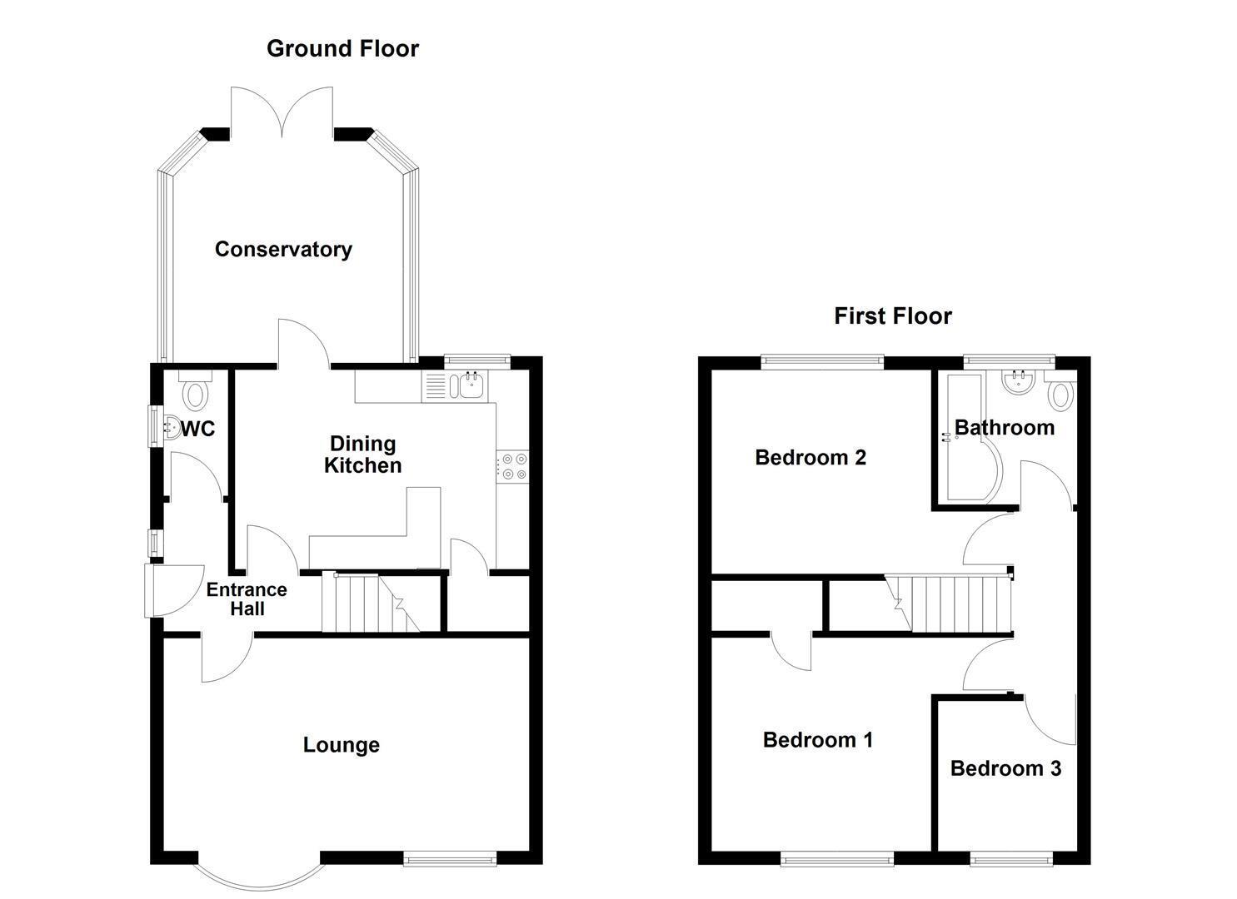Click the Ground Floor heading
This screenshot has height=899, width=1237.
click(x=342, y=48)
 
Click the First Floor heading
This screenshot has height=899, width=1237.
click(x=893, y=316)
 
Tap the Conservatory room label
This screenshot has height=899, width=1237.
click(x=283, y=250)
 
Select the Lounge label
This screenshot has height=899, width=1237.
click(x=342, y=745)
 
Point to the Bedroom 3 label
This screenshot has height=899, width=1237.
click(x=1005, y=768)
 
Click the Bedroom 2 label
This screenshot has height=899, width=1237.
click(x=811, y=457)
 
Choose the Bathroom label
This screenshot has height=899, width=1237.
click(x=1005, y=428)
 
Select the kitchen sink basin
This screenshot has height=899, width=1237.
click(x=468, y=385)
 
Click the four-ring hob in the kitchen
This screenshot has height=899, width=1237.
click(x=513, y=466)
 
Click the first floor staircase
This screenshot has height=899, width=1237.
click(x=949, y=603)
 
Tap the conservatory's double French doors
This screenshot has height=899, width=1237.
click(x=282, y=112)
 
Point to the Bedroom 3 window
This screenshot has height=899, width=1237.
click(x=1012, y=859)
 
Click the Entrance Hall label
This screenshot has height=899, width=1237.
click(x=247, y=599)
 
